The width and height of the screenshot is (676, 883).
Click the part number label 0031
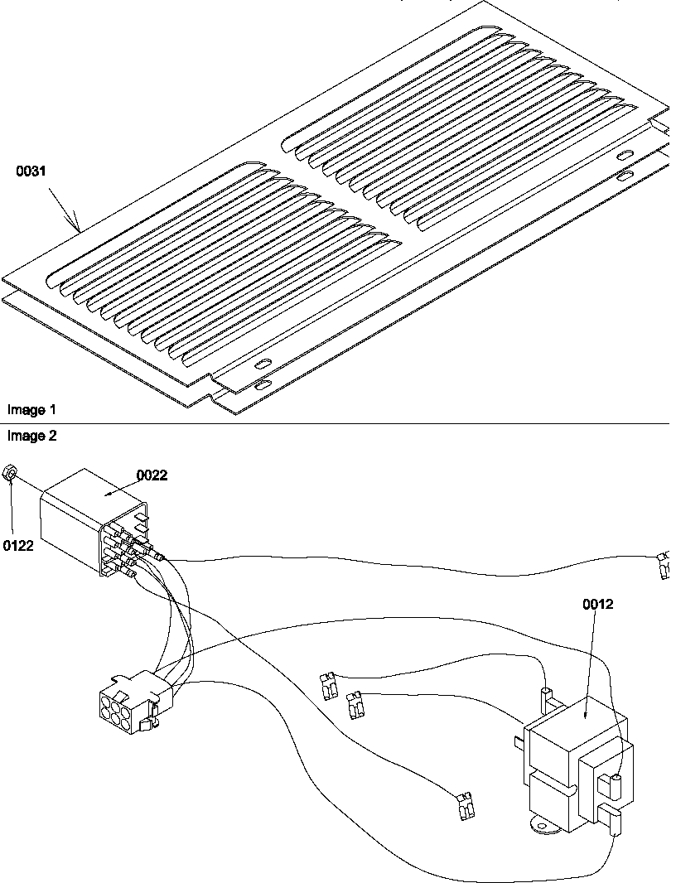31,171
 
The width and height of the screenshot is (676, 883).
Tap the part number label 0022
152,475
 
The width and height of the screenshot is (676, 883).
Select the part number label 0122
18,545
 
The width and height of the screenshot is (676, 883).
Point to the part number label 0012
598,604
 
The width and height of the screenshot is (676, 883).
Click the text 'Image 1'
31,410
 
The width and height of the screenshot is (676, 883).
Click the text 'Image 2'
31,436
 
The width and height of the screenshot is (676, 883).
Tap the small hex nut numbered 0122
10,472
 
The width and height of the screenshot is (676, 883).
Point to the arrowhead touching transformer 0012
587,715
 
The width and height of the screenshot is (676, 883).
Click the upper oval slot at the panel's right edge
624,155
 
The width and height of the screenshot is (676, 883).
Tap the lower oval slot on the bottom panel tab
262,386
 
